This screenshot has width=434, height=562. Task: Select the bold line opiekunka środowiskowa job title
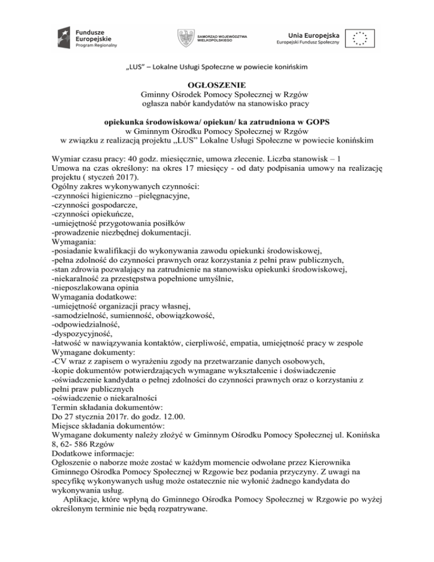(x=216, y=122)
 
